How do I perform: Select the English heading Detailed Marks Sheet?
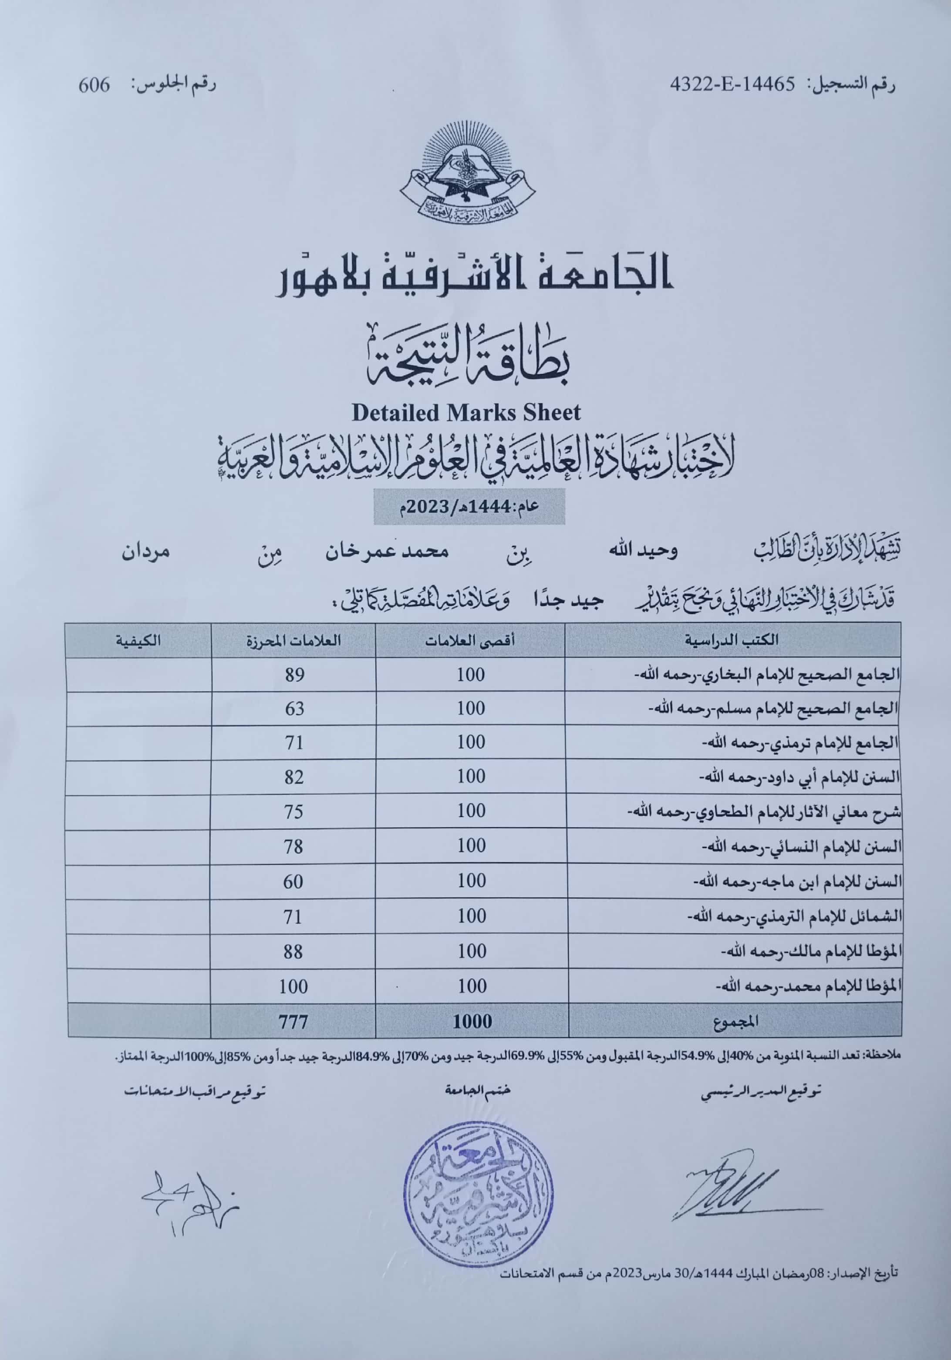[x=466, y=412]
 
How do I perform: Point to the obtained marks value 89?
[x=294, y=675]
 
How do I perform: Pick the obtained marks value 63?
[x=294, y=708]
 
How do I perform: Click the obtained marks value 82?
[x=294, y=777]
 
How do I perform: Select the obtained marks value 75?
[x=294, y=811]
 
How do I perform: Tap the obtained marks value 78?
[x=294, y=846]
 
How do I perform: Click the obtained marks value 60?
[x=294, y=882]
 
